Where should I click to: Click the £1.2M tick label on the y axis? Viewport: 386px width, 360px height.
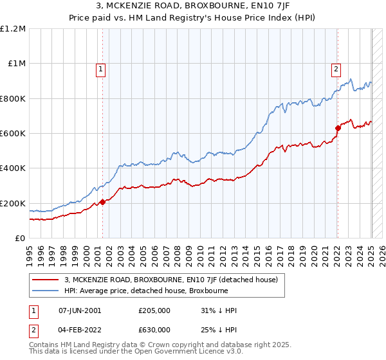coord(14,29)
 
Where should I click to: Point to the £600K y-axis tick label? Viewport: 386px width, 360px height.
coord(14,134)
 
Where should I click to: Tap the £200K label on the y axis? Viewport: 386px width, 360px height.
coord(14,203)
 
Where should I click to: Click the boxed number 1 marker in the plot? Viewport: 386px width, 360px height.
coord(102,71)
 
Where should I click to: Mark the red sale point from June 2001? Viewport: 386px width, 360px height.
coord(102,203)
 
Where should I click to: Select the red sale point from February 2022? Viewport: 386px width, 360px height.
coord(338,129)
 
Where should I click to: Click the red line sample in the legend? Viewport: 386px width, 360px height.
coord(45,280)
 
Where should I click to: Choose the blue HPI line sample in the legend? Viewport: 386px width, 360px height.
coord(45,290)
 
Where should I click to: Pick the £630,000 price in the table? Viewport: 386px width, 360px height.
coord(155,330)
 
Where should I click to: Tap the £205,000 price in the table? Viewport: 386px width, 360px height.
coord(155,310)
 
